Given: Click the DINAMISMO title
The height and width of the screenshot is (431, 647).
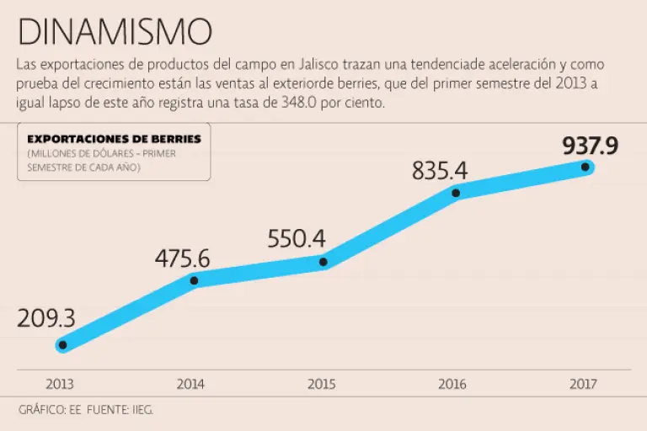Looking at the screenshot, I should [115, 31].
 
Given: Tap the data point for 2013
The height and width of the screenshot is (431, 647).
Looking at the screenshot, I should [62, 344].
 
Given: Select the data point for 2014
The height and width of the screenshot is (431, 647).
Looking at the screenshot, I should [194, 280].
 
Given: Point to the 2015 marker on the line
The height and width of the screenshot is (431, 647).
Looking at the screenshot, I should [324, 263].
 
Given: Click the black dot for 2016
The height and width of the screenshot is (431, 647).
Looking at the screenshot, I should [456, 193].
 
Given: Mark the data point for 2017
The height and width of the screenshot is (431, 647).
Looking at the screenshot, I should [586, 167].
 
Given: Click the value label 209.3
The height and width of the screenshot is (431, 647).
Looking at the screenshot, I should [46, 318].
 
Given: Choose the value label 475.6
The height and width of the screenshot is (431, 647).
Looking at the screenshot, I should [182, 258].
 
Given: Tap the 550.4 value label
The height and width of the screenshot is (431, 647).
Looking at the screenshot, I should [297, 238].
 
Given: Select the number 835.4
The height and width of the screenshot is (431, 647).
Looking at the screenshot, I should [440, 170].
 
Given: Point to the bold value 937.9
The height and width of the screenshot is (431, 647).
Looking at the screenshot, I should [591, 146].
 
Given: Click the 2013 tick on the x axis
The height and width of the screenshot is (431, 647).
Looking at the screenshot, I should [60, 384].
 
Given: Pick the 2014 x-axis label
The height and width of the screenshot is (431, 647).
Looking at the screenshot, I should [190, 384].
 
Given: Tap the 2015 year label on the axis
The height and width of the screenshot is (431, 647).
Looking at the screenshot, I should [322, 384].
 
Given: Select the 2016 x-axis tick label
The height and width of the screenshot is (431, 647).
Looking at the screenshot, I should [452, 384].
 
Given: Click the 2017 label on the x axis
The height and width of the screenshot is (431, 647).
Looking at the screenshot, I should [583, 384].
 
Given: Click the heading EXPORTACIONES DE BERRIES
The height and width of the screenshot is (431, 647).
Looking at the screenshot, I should [115, 138].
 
